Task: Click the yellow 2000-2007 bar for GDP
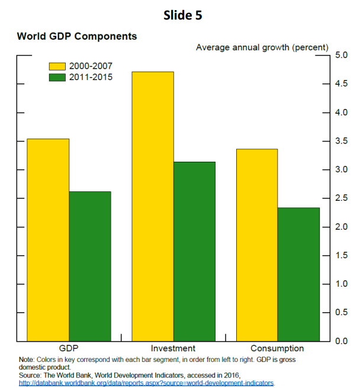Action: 48,240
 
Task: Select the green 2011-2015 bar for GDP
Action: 90,266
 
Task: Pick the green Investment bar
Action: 194,251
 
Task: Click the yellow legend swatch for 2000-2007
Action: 57,66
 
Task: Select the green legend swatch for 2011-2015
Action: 57,76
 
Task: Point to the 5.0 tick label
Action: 342,56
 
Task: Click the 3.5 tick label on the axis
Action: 342,142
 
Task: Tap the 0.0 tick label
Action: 342,341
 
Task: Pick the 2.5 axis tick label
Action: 342,198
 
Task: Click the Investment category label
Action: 173,348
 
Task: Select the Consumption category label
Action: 277,348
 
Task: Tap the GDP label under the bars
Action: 69,348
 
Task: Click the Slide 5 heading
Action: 182,16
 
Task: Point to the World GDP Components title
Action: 77,36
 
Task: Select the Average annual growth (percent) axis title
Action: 262,47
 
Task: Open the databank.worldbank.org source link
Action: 147,383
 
